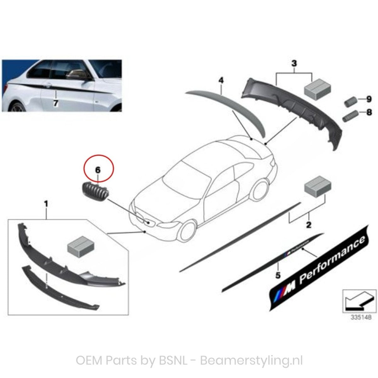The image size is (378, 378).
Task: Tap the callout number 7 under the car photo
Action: pyautogui.click(x=56, y=103)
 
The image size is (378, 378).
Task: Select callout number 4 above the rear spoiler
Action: pyautogui.click(x=221, y=81)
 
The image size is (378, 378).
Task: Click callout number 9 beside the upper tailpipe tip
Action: pyautogui.click(x=369, y=99)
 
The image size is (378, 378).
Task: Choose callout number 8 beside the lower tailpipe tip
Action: pyautogui.click(x=369, y=112)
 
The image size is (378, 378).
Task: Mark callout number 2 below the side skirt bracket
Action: pyautogui.click(x=308, y=225)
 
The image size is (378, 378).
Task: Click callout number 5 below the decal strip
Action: pyautogui.click(x=278, y=275)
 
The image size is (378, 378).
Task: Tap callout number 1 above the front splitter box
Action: pyautogui.click(x=46, y=204)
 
